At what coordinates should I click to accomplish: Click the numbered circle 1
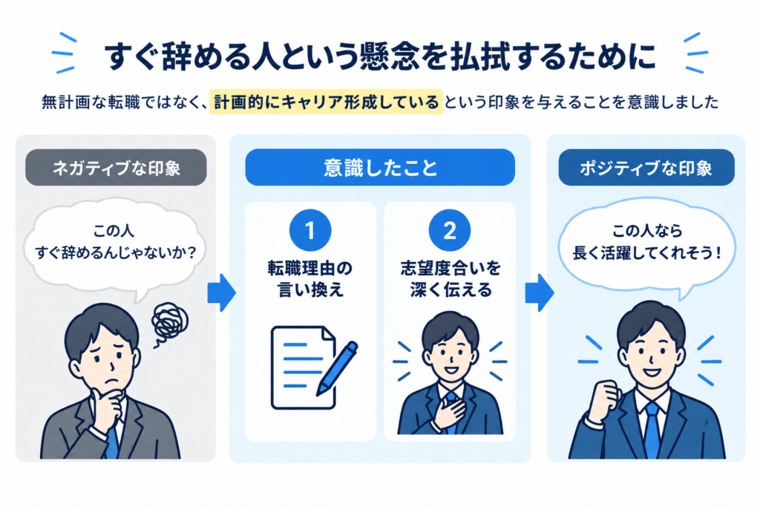[x=310, y=230]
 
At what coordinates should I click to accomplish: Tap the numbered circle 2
[x=450, y=230]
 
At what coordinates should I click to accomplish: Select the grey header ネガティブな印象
[x=116, y=168]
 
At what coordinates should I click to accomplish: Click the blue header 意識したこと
[x=380, y=168]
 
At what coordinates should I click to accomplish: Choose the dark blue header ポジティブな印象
[x=646, y=168]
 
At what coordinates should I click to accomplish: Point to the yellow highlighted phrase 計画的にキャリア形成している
[x=327, y=102]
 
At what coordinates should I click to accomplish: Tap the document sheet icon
[x=303, y=367]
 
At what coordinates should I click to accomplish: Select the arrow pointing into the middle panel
[x=222, y=292]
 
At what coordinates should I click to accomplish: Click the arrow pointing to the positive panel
[x=540, y=292]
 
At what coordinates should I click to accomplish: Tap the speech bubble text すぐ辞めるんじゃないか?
[x=116, y=252]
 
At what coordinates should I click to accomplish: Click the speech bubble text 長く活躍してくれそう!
[x=647, y=252]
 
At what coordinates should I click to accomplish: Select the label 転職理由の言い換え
[x=310, y=278]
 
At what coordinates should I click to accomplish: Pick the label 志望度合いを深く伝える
[x=451, y=278]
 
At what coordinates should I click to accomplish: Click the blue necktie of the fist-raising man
[x=652, y=430]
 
